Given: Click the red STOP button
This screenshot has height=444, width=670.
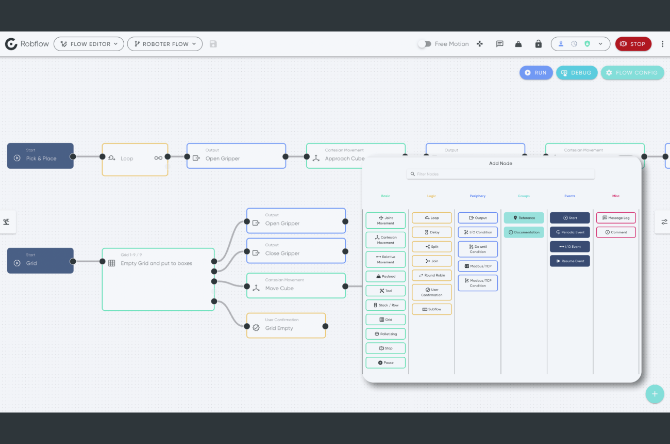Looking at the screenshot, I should (x=633, y=44).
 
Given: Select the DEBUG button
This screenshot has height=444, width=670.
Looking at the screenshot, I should (x=576, y=73).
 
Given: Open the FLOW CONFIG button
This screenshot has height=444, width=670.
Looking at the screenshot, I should (x=632, y=73).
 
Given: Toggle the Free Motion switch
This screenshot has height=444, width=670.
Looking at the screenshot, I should (x=424, y=44).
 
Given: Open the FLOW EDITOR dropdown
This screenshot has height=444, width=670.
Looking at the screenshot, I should (x=89, y=44).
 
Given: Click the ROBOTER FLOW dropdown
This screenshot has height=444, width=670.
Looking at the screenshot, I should (x=164, y=44).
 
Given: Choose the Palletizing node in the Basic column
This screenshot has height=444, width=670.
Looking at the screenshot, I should (x=386, y=334).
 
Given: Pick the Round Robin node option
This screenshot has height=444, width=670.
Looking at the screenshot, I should (x=431, y=275).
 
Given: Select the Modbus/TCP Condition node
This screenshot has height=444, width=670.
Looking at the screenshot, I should (x=478, y=283).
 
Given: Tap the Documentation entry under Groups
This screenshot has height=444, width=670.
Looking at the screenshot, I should (x=524, y=232).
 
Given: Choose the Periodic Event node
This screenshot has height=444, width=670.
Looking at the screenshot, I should (x=569, y=232).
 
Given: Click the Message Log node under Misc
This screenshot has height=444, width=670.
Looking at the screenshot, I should (x=616, y=218).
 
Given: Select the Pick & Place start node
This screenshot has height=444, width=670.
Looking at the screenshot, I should (x=40, y=156).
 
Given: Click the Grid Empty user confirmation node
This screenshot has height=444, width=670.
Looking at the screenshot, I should (x=286, y=326).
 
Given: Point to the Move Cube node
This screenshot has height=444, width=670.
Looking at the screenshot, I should (x=296, y=286).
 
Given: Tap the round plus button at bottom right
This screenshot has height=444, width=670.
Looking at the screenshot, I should (x=655, y=394).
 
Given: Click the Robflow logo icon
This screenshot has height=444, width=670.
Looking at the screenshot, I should (x=11, y=44).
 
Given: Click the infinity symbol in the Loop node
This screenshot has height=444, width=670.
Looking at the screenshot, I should (x=158, y=158).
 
